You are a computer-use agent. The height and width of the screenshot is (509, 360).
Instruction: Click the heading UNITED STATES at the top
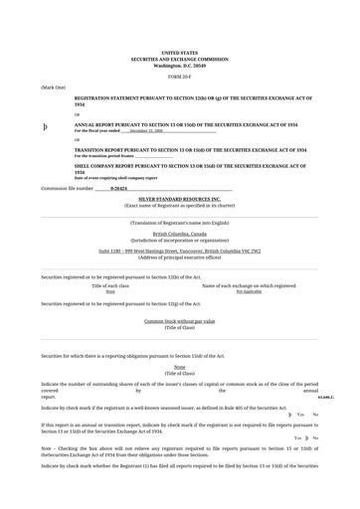pyautogui.click(x=179, y=53)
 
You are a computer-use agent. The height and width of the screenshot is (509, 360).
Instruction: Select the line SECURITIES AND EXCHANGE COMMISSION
pyautogui.click(x=179, y=59)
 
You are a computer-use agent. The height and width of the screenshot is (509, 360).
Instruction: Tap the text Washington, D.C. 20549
pyautogui.click(x=179, y=66)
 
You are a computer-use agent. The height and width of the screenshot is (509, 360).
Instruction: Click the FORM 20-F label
pyautogui.click(x=179, y=76)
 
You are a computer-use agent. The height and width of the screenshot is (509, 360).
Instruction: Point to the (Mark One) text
pyautogui.click(x=54, y=87)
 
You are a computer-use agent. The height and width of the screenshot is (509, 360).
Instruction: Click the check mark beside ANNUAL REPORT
pyautogui.click(x=45, y=127)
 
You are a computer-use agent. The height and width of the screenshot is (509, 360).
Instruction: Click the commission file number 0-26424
pyautogui.click(x=118, y=187)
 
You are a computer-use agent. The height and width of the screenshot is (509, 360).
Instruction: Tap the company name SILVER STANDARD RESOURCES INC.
pyautogui.click(x=179, y=199)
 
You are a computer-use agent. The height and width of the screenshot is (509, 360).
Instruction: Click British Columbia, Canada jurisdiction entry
pyautogui.click(x=179, y=234)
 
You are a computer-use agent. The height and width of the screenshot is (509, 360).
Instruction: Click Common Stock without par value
pyautogui.click(x=179, y=321)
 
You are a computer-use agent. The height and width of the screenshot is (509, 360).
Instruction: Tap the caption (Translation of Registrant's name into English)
pyautogui.click(x=179, y=223)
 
